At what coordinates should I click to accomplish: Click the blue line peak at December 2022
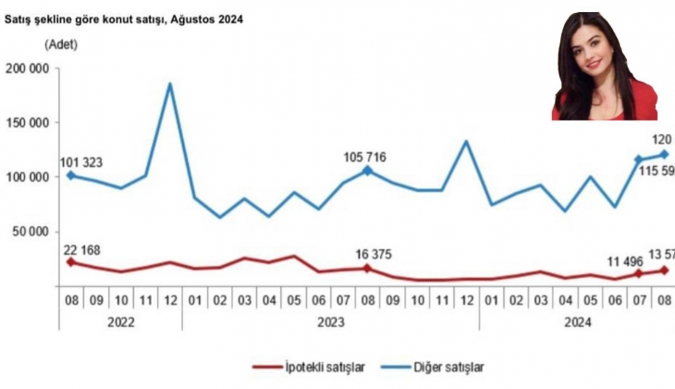click(170, 84)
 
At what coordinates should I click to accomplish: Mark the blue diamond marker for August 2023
click(367, 170)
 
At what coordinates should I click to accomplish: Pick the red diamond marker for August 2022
click(72, 262)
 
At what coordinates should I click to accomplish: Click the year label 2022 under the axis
click(120, 322)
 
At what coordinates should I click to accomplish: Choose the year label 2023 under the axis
click(330, 322)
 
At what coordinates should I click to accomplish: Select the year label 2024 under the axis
click(578, 322)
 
